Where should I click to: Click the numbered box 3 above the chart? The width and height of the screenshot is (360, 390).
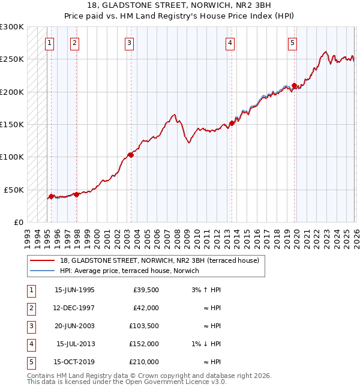click(x=129, y=43)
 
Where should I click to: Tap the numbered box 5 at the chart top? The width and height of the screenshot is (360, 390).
click(x=292, y=43)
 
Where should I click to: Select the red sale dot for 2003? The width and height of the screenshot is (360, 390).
click(x=131, y=155)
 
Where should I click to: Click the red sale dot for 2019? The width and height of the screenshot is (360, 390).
click(x=294, y=86)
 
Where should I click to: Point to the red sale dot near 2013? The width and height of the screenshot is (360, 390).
click(x=232, y=124)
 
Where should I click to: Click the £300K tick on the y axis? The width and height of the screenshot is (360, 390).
click(x=12, y=27)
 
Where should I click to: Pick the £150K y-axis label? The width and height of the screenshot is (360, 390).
click(x=12, y=124)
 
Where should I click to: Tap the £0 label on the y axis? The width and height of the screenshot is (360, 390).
click(x=17, y=222)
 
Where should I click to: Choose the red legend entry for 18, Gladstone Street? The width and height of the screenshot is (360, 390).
click(x=159, y=260)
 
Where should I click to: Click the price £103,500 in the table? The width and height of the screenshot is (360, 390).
click(x=145, y=326)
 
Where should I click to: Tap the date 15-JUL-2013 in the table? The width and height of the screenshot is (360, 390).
click(x=76, y=344)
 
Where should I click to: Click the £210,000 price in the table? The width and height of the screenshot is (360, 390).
click(x=145, y=362)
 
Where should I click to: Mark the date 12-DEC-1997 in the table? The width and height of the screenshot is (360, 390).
click(x=75, y=308)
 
